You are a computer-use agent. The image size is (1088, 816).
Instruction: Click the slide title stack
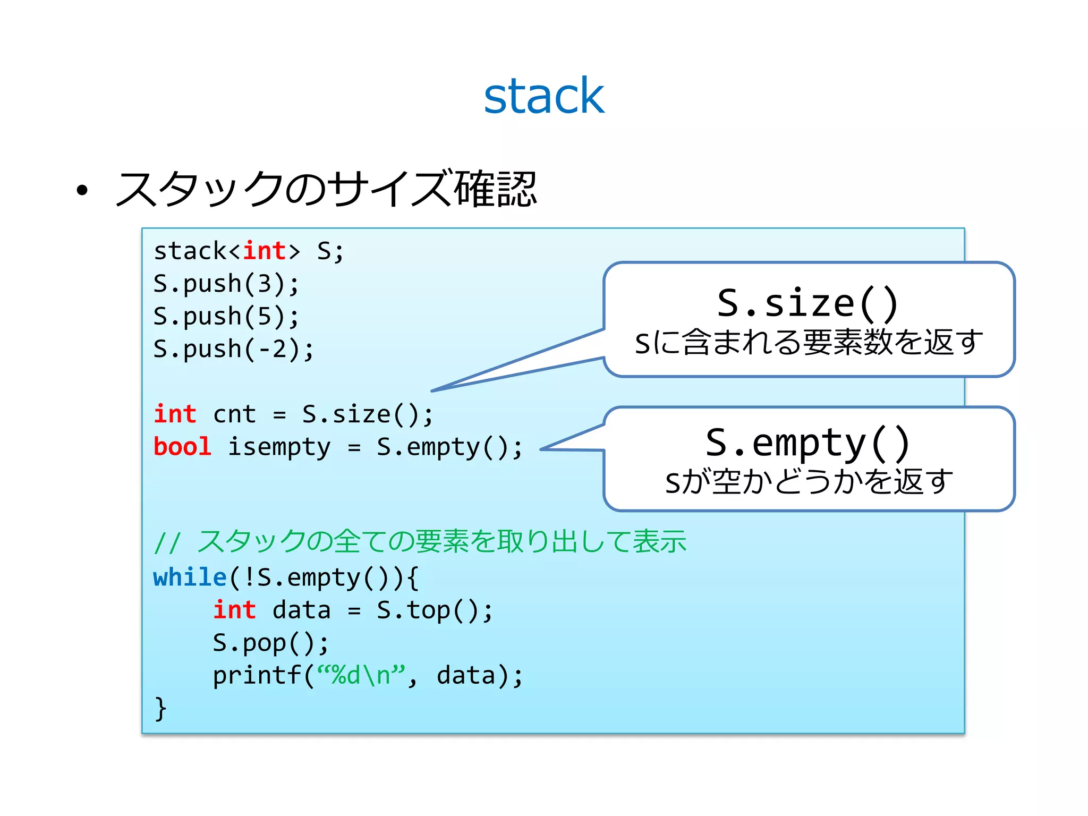pyautogui.click(x=543, y=96)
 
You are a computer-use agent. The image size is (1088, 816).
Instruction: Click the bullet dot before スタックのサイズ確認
pyautogui.click(x=81, y=191)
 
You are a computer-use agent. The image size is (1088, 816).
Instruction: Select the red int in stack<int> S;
pyautogui.click(x=265, y=251)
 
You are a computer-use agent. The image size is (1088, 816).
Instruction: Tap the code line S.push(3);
pyautogui.click(x=226, y=284)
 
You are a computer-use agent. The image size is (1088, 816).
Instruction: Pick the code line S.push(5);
pyautogui.click(x=226, y=317)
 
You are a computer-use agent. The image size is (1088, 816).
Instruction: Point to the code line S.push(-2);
pyautogui.click(x=234, y=349)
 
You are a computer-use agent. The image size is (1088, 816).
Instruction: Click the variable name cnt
pyautogui.click(x=234, y=414)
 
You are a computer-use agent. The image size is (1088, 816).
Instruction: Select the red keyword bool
pyautogui.click(x=182, y=447)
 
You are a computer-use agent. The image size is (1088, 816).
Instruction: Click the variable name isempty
pyautogui.click(x=279, y=447)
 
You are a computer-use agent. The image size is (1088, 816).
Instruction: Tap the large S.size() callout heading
pyautogui.click(x=807, y=303)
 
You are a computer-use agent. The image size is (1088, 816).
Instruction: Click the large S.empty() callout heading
pyautogui.click(x=807, y=443)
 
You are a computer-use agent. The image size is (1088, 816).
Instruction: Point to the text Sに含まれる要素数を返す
pyautogui.click(x=809, y=342)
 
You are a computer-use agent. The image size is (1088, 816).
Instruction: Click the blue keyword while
pyautogui.click(x=190, y=577)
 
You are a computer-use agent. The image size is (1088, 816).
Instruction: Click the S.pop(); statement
pyautogui.click(x=271, y=643)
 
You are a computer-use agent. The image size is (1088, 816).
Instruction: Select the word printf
pyautogui.click(x=257, y=676)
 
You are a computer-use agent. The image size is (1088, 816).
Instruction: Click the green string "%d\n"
pyautogui.click(x=361, y=675)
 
